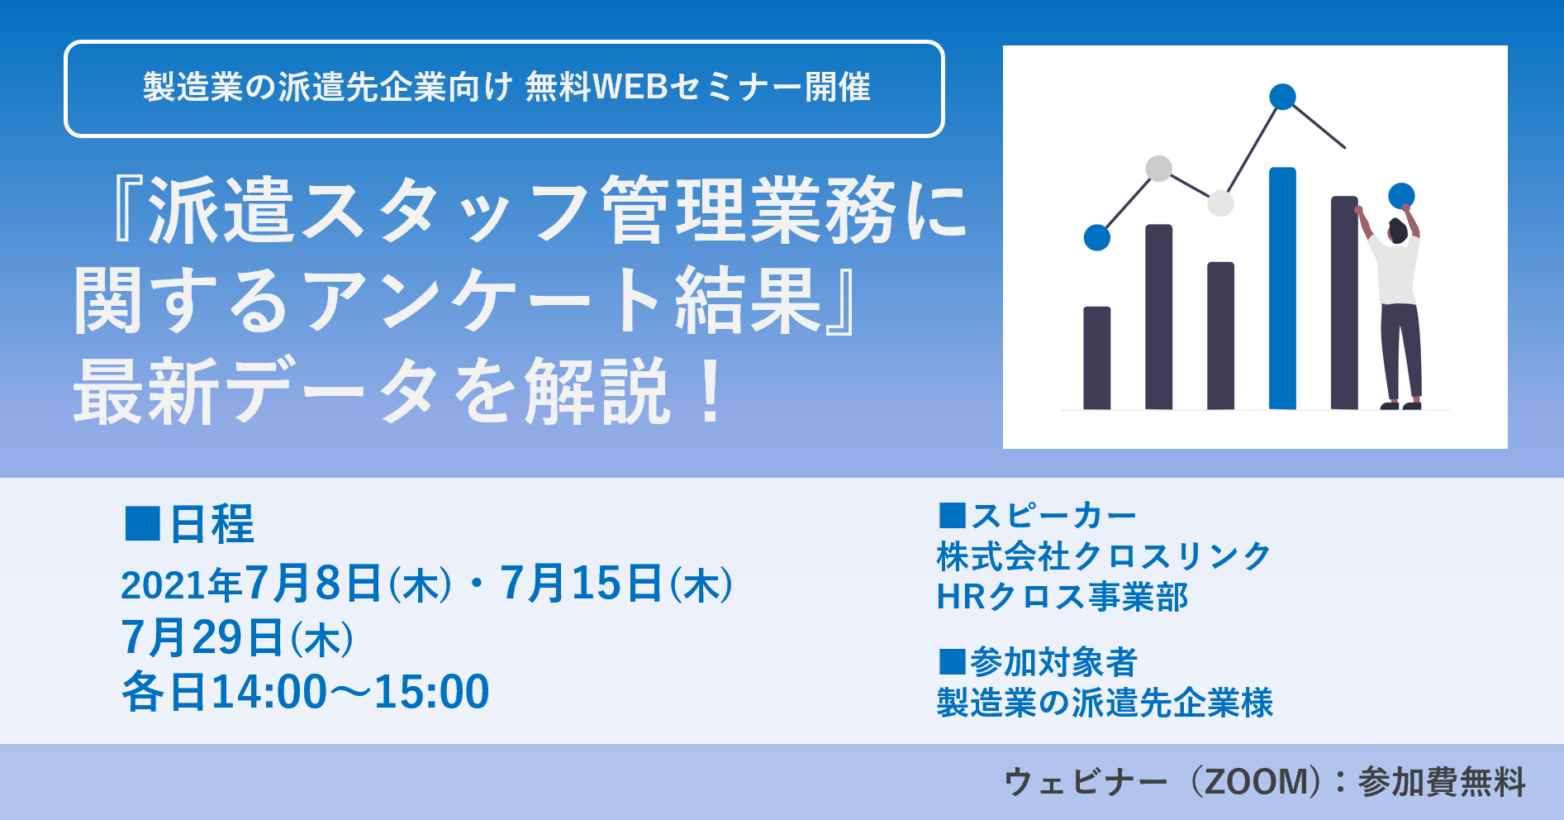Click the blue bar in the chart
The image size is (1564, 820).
(x=1282, y=289)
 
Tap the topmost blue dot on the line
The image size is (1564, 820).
(x=1282, y=97)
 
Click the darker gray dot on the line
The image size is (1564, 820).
(x=1159, y=169)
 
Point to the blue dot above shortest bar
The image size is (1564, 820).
(x=1096, y=237)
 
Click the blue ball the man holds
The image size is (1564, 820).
(x=1401, y=196)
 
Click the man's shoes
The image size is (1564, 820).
(x=1400, y=405)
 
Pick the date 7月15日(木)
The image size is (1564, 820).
(x=616, y=584)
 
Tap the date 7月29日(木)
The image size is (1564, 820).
(x=238, y=638)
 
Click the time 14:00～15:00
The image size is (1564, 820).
(x=350, y=692)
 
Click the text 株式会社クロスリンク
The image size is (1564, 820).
(x=1104, y=556)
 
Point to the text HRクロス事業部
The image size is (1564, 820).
(x=1062, y=597)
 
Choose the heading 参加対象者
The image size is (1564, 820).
(x=1053, y=662)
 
